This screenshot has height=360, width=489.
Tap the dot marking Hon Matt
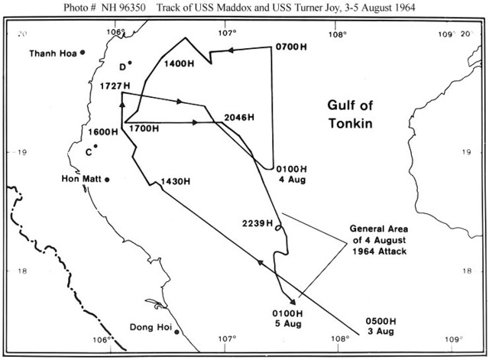click(x=107, y=180)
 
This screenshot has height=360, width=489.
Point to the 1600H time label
click(x=103, y=131)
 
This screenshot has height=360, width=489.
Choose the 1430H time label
click(x=175, y=181)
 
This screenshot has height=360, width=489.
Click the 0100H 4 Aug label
click(x=291, y=174)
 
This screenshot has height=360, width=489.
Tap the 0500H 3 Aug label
click(x=381, y=326)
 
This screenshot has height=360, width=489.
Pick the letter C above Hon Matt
click(x=89, y=151)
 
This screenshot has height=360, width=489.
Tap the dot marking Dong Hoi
click(x=176, y=332)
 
